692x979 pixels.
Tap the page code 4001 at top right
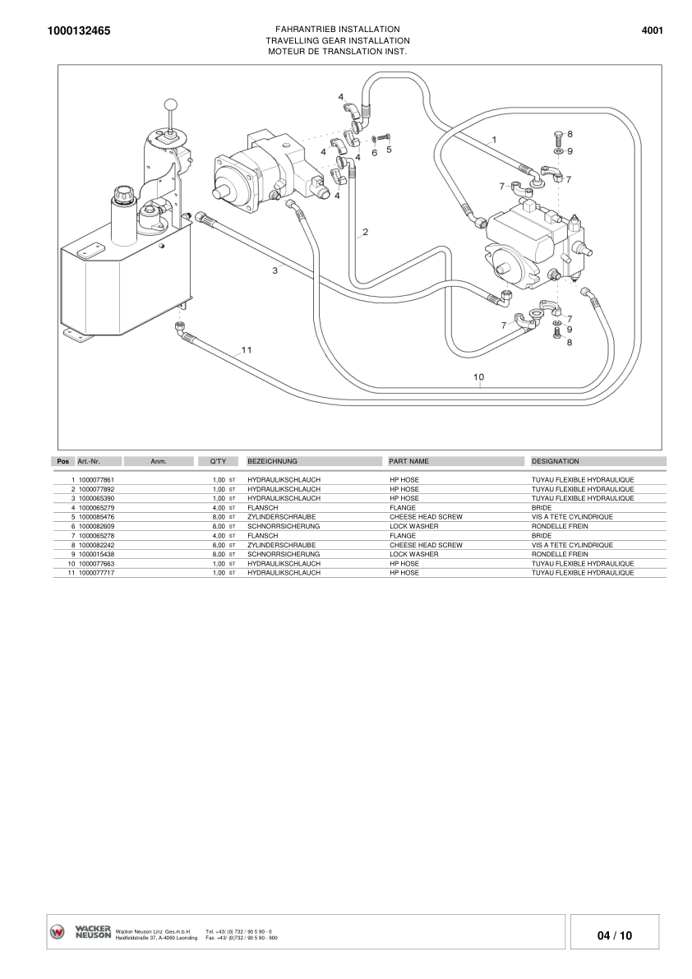click(x=652, y=30)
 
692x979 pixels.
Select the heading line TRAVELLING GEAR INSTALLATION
click(x=338, y=40)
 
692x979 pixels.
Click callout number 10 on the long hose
click(x=479, y=376)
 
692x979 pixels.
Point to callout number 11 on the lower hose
click(x=246, y=349)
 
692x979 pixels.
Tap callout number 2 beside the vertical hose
click(x=365, y=232)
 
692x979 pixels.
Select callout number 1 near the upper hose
click(x=494, y=140)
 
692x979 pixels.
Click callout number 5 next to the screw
click(x=389, y=150)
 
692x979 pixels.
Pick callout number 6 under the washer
click(x=375, y=152)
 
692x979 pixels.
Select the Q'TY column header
click(x=218, y=462)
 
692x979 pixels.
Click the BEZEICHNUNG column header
click(x=272, y=462)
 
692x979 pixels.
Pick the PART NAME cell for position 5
click(x=426, y=517)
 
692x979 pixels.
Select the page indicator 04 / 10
click(x=615, y=935)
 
